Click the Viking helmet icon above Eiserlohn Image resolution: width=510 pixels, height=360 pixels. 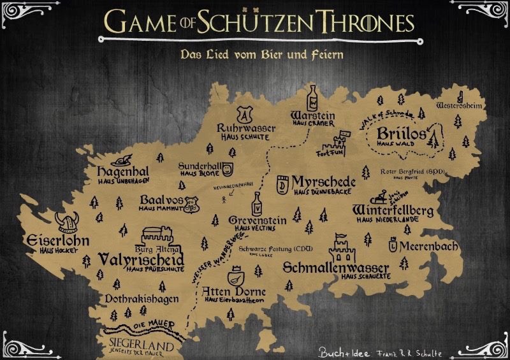pos(64,222)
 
